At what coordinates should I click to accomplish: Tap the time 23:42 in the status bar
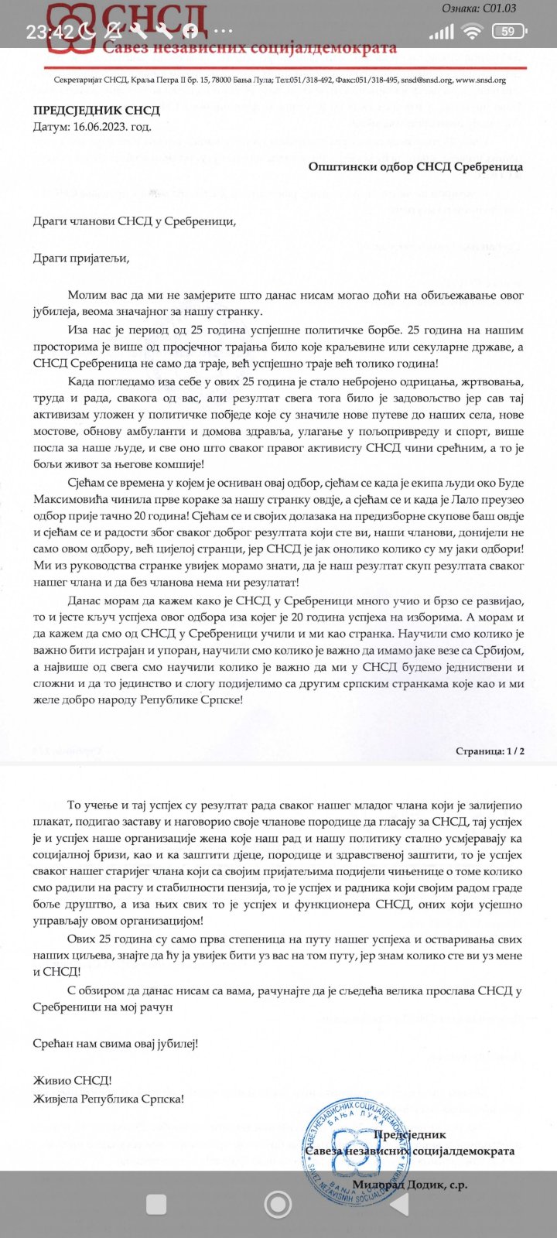point(50,32)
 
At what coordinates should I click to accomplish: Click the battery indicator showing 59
point(508,32)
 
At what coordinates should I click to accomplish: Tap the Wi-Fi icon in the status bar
point(471,32)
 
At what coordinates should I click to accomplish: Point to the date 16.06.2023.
point(112,127)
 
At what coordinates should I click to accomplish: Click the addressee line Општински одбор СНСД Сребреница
point(415,166)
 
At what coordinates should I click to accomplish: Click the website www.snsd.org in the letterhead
point(480,80)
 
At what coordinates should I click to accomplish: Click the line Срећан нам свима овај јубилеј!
point(115,1044)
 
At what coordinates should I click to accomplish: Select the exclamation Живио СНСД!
point(72,1081)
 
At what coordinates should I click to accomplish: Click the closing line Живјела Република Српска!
point(108,1099)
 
